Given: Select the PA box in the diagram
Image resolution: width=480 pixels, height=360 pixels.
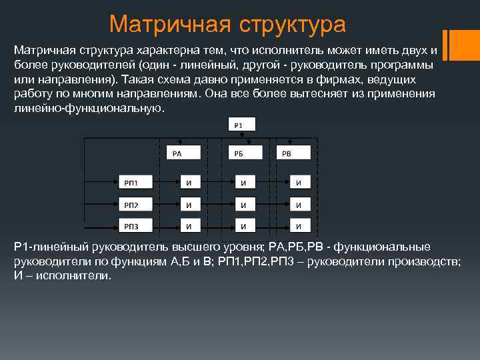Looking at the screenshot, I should (183, 153).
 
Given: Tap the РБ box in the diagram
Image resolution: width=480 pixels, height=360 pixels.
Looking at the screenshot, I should (243, 153).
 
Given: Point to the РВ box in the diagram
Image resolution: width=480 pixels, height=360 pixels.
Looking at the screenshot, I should (293, 153).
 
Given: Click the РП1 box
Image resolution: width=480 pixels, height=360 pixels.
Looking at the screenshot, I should (136, 183).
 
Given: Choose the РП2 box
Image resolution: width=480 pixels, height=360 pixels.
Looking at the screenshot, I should (136, 205).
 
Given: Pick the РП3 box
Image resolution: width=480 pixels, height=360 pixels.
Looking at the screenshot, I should (136, 225).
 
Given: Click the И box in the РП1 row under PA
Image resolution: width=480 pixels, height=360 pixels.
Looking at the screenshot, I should (195, 183).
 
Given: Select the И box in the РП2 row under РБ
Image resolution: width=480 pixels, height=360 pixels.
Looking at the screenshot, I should (249, 205).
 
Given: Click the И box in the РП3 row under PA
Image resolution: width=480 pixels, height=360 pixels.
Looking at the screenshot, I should (195, 225).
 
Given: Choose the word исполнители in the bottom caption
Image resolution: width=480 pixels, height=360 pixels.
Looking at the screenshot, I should (73, 275).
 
